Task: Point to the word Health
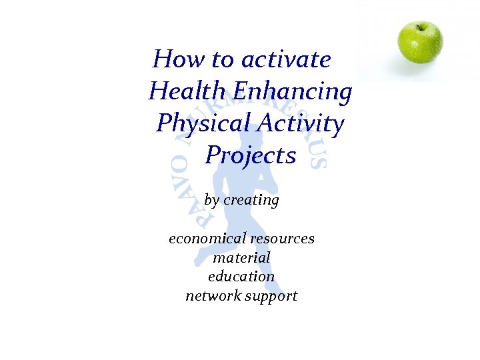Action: click(189, 91)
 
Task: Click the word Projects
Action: click(251, 155)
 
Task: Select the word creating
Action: click(251, 200)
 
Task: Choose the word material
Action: click(241, 257)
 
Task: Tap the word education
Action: click(241, 276)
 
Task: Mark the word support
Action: click(271, 296)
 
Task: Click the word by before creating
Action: click(212, 200)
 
